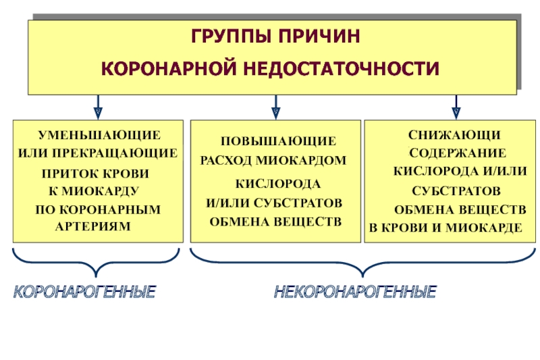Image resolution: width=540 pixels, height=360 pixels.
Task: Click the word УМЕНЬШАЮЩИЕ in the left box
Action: (99, 135)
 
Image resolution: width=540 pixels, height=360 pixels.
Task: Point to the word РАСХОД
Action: (230, 161)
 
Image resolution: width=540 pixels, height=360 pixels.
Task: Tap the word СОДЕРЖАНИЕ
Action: (457, 154)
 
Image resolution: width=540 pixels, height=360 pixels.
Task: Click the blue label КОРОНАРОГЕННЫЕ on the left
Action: (86, 292)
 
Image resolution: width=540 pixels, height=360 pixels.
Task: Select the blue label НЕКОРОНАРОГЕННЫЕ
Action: (355, 292)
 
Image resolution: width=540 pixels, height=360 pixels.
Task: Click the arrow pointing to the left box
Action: (98, 106)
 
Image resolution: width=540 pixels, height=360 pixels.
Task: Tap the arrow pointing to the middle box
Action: (275, 106)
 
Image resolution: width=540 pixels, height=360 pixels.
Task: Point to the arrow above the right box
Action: (456, 106)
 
